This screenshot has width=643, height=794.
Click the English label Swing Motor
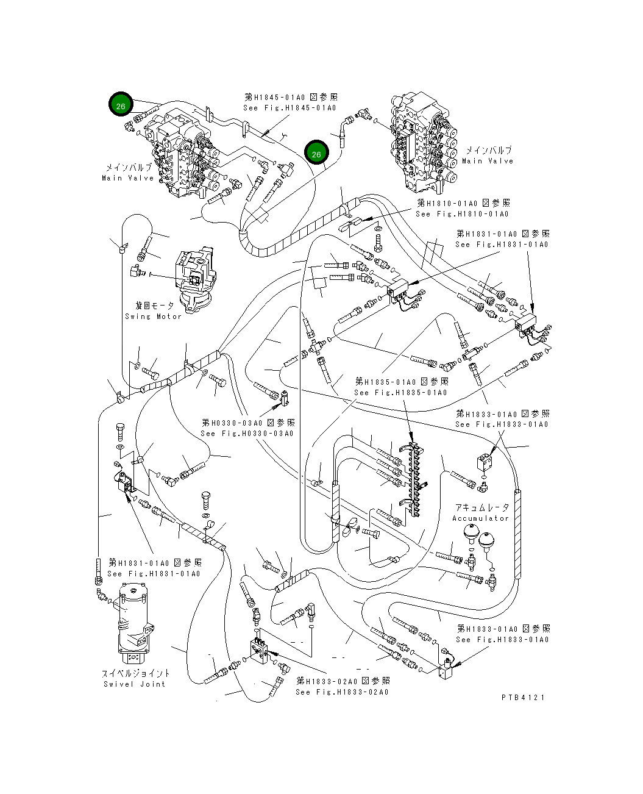tap(153, 317)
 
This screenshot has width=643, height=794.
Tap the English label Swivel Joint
tap(134, 684)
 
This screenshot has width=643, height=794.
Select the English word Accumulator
tap(480, 518)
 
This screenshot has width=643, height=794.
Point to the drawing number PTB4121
tap(523, 698)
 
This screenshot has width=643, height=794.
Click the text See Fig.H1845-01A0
tap(290, 108)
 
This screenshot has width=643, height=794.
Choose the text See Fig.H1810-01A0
tap(462, 214)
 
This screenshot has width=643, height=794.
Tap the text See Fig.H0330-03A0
tap(247, 434)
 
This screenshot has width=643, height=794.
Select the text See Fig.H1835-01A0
tap(400, 393)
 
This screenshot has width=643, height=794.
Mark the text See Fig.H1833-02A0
tap(342, 692)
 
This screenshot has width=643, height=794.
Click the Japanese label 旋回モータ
tap(154, 306)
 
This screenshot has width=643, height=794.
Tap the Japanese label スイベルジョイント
tap(135, 673)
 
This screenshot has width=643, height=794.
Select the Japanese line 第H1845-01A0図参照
tap(291, 97)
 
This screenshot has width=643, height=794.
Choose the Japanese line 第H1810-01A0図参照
tap(463, 203)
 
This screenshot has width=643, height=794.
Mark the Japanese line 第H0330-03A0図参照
tap(249, 423)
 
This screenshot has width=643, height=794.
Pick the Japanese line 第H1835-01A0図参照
tap(402, 382)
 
